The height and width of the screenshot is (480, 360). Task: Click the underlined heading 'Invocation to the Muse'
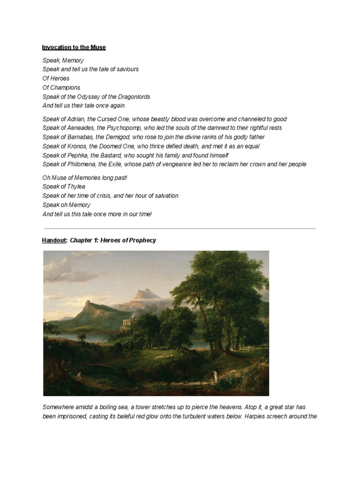point(74,47)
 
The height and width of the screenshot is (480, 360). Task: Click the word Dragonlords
point(132,97)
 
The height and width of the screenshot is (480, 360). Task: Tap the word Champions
point(65,88)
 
